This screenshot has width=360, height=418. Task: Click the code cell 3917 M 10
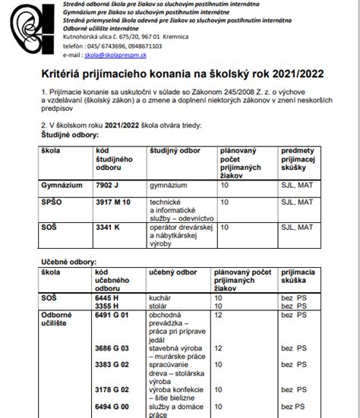114,203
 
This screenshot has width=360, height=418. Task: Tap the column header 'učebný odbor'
171,270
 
